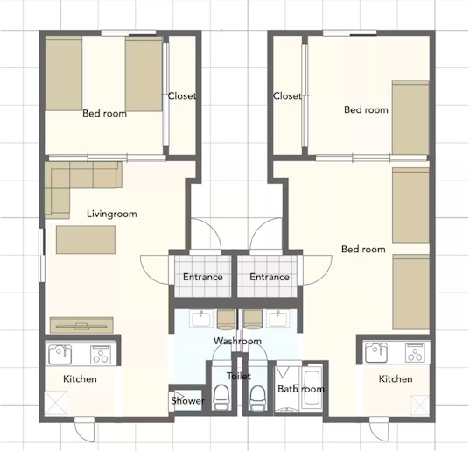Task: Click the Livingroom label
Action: (112, 214)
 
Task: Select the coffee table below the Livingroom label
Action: (86, 240)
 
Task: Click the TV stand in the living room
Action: (81, 325)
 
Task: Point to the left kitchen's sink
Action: (60, 355)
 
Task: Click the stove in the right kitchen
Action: (416, 352)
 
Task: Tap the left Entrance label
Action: (203, 277)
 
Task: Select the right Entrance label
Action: (270, 277)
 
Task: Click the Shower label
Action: (187, 400)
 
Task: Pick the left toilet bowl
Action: (221, 397)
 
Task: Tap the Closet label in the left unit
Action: (182, 96)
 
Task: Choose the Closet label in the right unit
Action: (287, 96)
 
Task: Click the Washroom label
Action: (237, 341)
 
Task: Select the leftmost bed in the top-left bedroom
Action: (64, 74)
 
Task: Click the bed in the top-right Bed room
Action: (410, 117)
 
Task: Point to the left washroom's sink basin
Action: (201, 319)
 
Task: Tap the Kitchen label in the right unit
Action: (396, 378)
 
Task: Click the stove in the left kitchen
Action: (101, 355)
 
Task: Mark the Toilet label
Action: (239, 376)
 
